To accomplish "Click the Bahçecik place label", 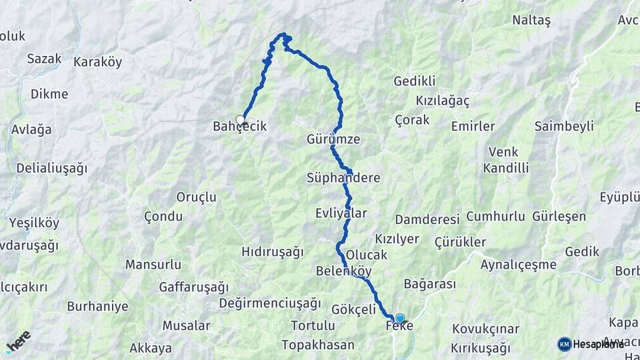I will coord(240,126).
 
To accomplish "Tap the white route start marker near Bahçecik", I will coord(241,121).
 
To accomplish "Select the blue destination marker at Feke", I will coord(399,319).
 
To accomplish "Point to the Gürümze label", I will coord(333,140).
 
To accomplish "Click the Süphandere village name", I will coord(343,178).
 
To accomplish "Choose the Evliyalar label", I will coord(341,213).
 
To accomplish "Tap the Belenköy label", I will coord(343,271).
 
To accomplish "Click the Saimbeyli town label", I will coord(564,127).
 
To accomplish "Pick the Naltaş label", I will coord(531,21).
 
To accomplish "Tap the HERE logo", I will coord(18,341).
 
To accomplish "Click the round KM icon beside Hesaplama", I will coord(564,344).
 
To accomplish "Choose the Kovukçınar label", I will coord(485,329).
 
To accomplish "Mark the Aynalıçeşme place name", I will coord(518,265).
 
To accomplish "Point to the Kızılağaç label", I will coord(443,101).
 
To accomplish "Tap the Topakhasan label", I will coord(317,345).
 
